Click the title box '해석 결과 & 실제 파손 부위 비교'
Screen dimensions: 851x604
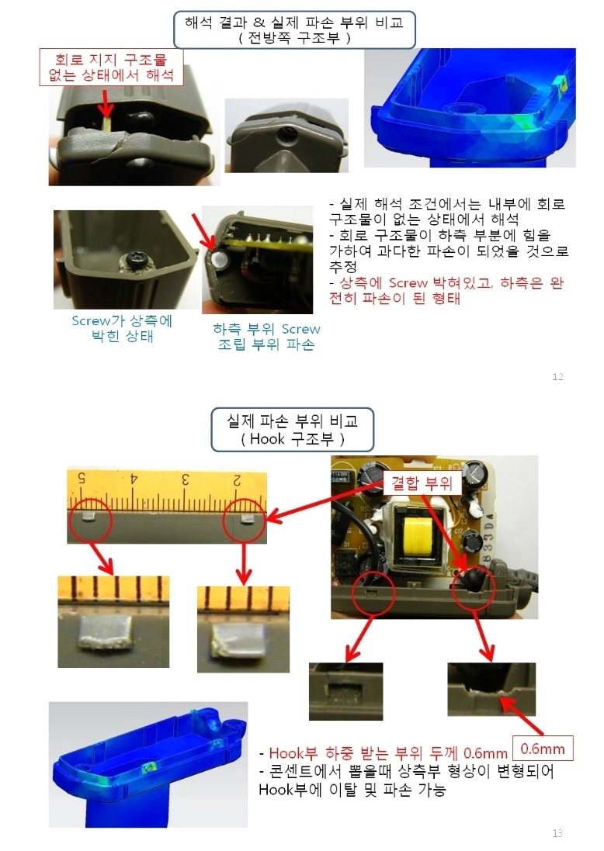(293, 29)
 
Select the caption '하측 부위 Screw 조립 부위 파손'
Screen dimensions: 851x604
(266, 337)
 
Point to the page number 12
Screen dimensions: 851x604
(557, 377)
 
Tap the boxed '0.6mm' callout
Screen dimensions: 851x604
(542, 750)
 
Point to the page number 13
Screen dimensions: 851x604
(557, 833)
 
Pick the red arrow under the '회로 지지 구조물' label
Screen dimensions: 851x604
(106, 102)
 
